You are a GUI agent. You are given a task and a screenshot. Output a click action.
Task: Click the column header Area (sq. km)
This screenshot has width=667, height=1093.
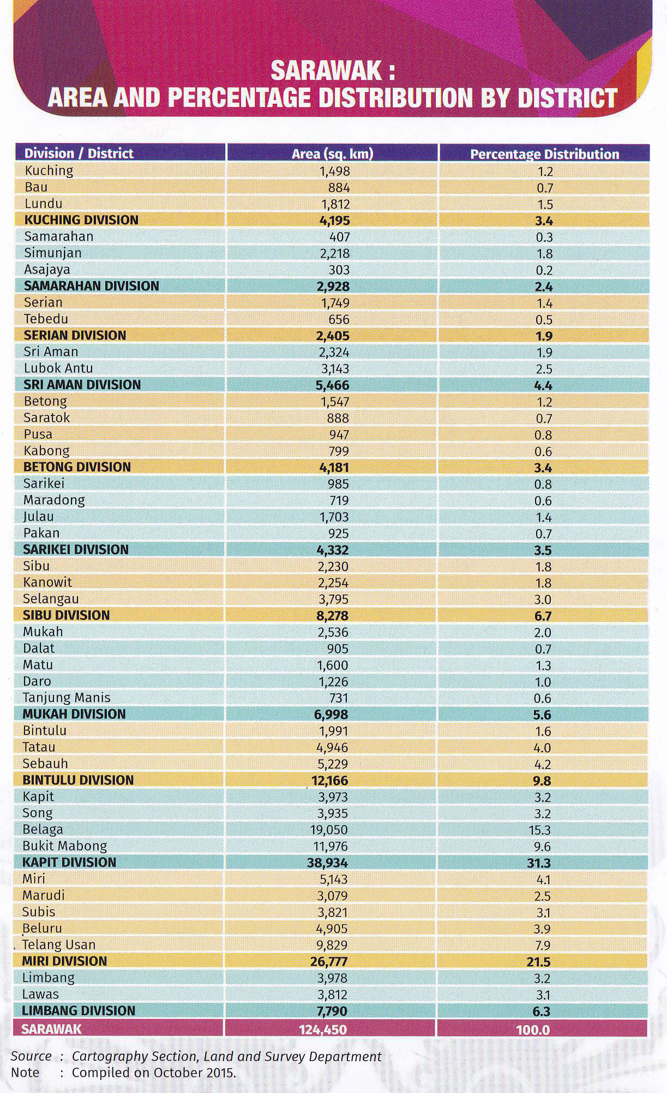click(332, 154)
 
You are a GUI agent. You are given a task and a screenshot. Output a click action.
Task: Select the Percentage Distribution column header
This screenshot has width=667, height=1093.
click(544, 155)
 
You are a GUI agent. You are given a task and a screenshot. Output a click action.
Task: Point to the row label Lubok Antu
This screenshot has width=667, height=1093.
click(58, 368)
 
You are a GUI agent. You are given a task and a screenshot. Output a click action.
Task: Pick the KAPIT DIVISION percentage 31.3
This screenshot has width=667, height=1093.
click(543, 863)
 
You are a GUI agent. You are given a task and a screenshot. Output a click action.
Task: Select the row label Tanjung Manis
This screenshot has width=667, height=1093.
click(67, 698)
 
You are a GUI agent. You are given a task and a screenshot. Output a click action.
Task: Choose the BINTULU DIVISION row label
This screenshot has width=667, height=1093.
click(78, 780)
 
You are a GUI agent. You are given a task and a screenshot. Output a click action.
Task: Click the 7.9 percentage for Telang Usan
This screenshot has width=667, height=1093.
click(543, 945)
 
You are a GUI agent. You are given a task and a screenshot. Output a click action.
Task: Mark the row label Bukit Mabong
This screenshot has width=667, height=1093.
click(65, 846)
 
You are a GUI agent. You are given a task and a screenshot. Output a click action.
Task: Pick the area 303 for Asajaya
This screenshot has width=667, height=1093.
click(339, 270)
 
